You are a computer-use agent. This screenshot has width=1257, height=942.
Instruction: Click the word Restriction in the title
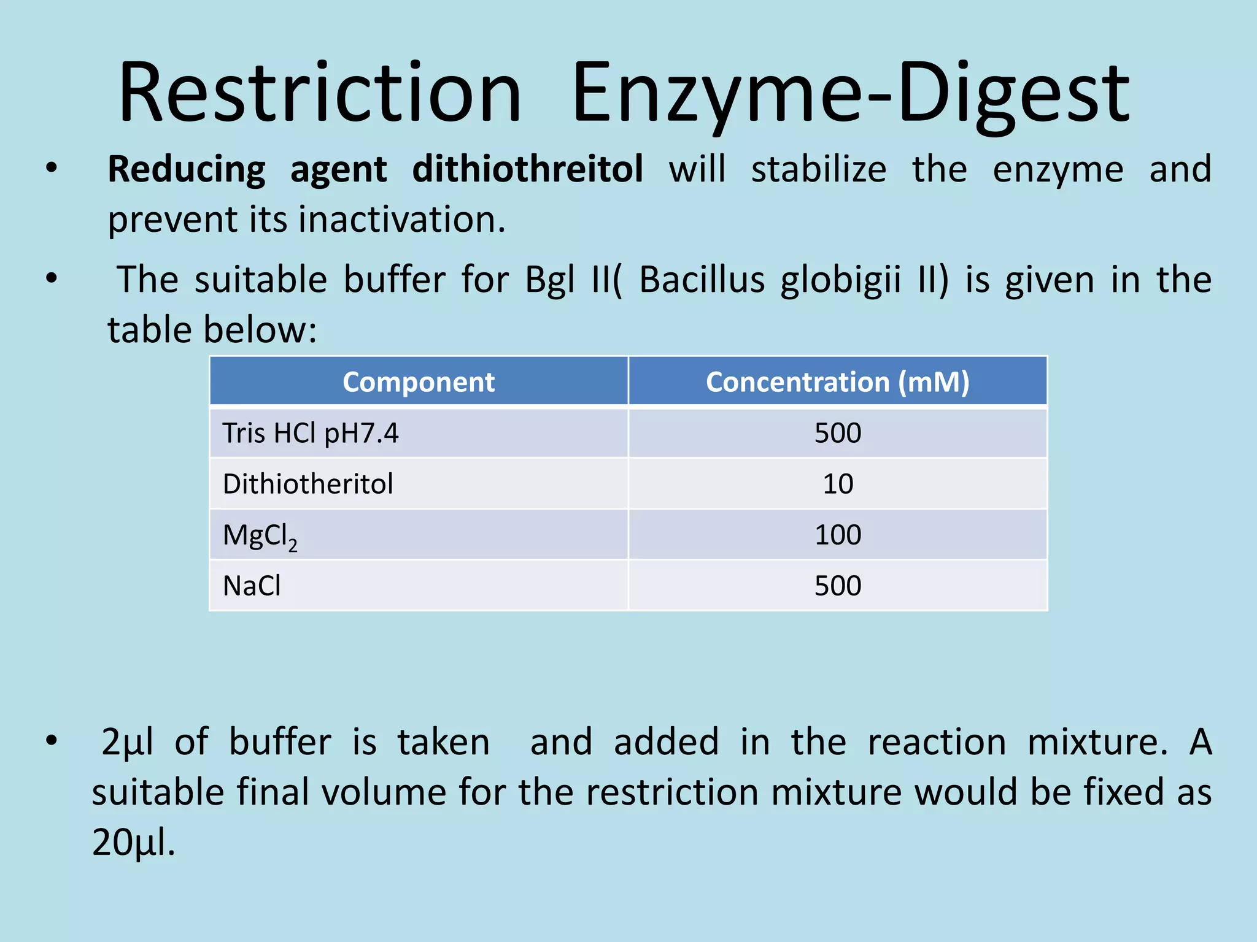(x=319, y=93)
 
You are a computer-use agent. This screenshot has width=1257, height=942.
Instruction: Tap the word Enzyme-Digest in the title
(x=851, y=93)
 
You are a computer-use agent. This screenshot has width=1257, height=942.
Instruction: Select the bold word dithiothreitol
(x=527, y=169)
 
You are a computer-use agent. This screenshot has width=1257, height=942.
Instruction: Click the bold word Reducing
(x=187, y=170)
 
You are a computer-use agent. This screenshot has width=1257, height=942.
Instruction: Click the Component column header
(x=419, y=382)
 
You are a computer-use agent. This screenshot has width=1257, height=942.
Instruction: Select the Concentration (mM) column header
(x=837, y=382)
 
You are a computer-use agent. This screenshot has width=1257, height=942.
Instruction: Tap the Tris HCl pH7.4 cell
(x=311, y=433)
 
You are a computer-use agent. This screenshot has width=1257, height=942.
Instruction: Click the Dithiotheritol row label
(x=307, y=484)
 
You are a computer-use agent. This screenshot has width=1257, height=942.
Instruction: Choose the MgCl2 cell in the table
(x=260, y=536)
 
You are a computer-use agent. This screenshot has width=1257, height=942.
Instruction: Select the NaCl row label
(x=252, y=586)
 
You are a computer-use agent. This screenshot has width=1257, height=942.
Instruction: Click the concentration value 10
(x=838, y=484)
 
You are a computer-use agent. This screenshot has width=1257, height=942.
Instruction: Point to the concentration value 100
(x=838, y=535)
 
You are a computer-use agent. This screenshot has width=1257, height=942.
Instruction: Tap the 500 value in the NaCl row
(x=838, y=586)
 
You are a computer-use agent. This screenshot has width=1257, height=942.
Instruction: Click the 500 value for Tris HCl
(x=838, y=433)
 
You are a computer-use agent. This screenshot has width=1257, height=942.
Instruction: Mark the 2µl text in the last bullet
(x=127, y=743)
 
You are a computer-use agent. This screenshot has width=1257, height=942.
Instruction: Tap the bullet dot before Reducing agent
(x=52, y=167)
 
